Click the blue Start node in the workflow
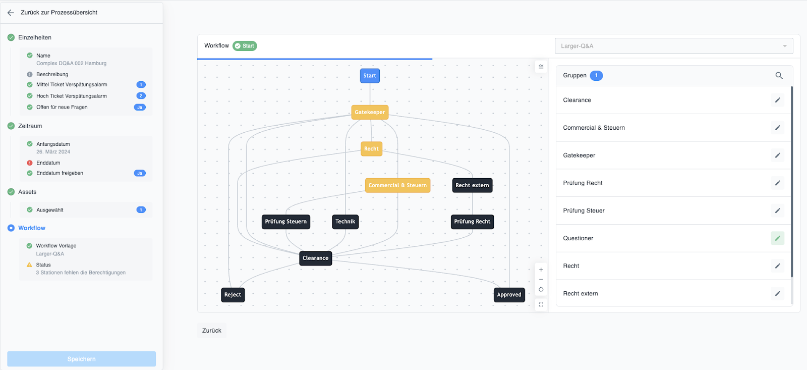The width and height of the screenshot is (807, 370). click(370, 76)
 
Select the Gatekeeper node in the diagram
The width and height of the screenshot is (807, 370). click(370, 112)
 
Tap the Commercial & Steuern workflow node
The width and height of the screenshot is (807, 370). click(397, 185)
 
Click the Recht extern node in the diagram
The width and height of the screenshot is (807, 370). click(472, 185)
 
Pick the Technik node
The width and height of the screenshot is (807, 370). click(345, 222)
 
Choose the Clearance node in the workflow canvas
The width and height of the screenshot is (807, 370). click(316, 258)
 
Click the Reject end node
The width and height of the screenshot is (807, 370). click(233, 295)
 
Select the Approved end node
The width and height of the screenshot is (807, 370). click(509, 295)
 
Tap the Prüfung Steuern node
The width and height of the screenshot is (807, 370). click(285, 222)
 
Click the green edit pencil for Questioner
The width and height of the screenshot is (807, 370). click(777, 238)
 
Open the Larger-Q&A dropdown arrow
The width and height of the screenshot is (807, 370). click(785, 46)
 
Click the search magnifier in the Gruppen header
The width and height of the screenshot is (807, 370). click(779, 76)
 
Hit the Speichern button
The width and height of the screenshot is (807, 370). click(81, 359)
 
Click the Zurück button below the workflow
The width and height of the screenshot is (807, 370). click(212, 330)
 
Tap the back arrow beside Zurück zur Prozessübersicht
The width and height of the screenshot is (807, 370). click(11, 13)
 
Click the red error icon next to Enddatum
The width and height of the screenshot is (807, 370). click(30, 163)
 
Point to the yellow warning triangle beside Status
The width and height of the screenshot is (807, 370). click(30, 265)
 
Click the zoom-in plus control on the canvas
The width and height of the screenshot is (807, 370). click(541, 270)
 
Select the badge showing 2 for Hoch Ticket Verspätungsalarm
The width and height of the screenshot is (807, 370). click(141, 96)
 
